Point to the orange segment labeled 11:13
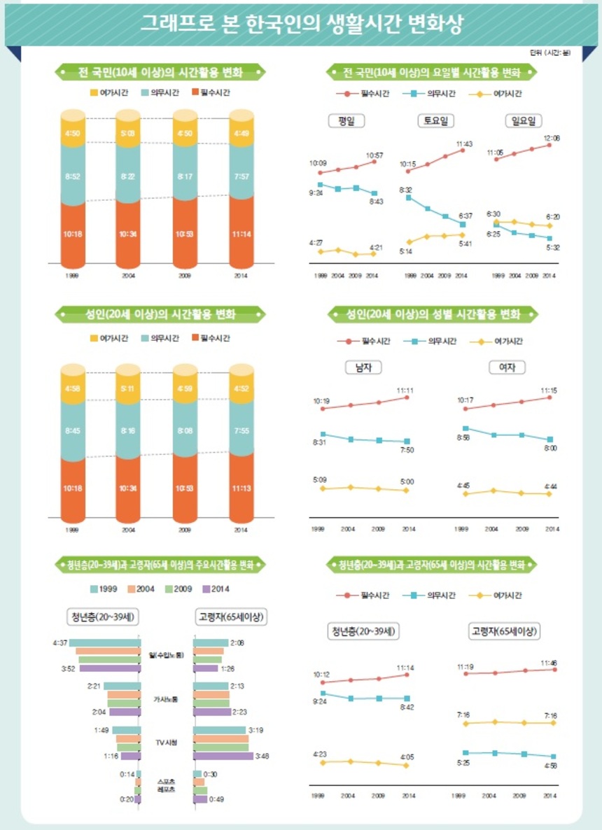[x=241, y=488]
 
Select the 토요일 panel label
[x=435, y=121]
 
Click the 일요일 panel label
[x=524, y=121]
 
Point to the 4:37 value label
[x=59, y=642]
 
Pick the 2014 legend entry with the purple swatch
[x=216, y=589]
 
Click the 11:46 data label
[x=549, y=662]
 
